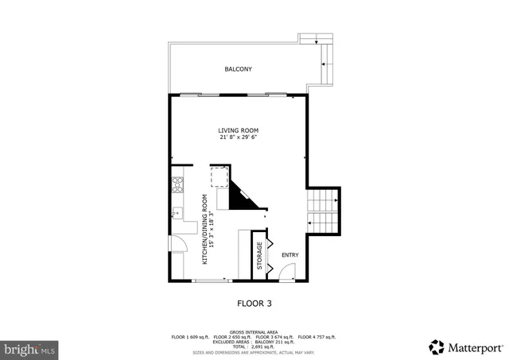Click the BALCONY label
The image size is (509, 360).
point(238,69)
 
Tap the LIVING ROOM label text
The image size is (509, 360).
point(239,130)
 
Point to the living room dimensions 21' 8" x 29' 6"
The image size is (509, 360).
point(239,137)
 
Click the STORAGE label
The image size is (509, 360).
point(259,255)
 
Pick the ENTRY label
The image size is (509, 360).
point(289,254)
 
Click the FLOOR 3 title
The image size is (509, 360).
point(254,303)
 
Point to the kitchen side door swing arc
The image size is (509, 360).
point(179,246)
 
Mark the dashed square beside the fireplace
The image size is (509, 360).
point(219,176)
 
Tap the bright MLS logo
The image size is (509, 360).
point(29,349)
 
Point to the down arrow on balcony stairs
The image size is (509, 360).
point(317,41)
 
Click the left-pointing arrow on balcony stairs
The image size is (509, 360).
point(324,64)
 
